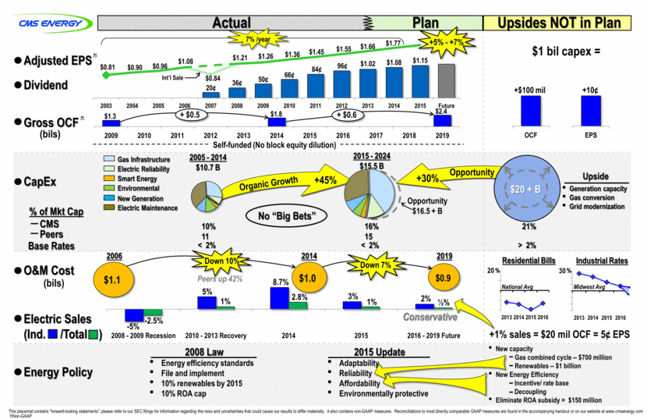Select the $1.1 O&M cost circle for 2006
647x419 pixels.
click(115, 276)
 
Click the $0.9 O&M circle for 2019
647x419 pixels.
click(442, 276)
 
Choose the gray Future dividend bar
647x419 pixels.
click(447, 81)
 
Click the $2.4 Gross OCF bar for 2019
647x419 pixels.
click(443, 119)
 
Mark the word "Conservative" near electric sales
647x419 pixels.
click(430, 318)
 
